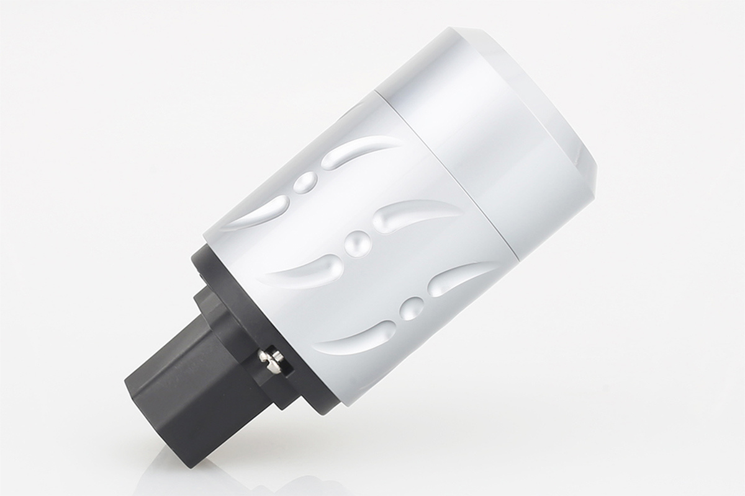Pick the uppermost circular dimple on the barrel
(x=304, y=182)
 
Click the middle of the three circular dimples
(x=358, y=243)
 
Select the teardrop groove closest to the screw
(x=354, y=335)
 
